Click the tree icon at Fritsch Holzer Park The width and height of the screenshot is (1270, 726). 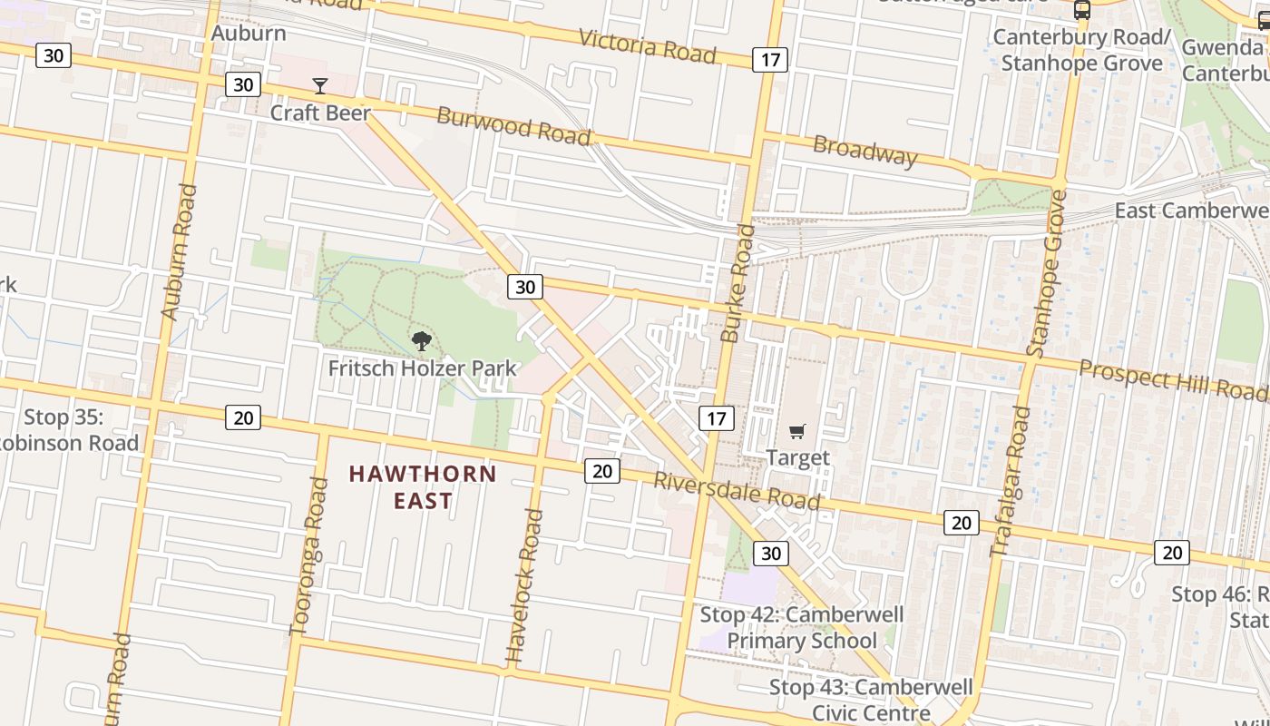(421, 341)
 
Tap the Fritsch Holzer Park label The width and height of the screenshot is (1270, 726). (422, 368)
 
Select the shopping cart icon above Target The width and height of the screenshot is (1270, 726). (796, 432)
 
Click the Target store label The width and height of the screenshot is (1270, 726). (798, 457)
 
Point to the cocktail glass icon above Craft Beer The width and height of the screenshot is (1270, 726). (320, 86)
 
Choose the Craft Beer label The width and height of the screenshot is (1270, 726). (320, 113)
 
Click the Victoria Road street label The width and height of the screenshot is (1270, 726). (647, 45)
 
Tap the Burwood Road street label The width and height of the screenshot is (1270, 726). (513, 126)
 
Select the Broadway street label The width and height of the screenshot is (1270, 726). (865, 151)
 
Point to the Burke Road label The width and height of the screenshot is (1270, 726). (738, 283)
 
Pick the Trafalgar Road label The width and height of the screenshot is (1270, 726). (1010, 481)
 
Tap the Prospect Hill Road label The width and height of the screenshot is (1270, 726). (1172, 379)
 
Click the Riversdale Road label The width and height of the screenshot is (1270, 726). (737, 491)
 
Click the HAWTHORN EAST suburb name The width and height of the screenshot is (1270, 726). (423, 486)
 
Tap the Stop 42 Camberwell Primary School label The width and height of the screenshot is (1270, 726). (802, 627)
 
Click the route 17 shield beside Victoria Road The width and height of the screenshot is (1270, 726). (770, 61)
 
